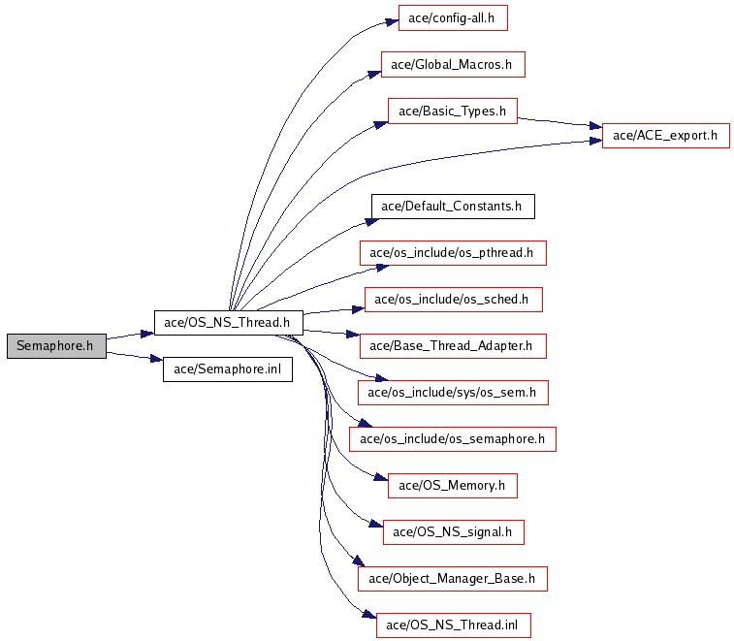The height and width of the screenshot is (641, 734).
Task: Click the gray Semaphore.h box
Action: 56,346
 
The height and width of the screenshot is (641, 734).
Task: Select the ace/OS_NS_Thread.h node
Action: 229,323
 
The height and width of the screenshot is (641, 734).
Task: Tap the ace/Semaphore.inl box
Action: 228,369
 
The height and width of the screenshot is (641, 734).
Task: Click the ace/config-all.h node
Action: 453,18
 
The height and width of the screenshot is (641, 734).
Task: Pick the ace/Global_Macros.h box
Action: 453,65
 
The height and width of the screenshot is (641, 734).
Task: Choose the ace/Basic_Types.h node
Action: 452,111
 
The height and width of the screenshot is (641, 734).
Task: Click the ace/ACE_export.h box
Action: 666,136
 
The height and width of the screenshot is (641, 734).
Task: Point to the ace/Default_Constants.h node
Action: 453,207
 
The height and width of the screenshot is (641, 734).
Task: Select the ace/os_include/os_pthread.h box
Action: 453,253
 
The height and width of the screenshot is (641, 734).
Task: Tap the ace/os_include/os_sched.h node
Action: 453,300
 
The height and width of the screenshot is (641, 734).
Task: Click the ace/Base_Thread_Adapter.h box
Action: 453,346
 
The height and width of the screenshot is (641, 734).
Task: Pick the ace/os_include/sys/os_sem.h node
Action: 453,393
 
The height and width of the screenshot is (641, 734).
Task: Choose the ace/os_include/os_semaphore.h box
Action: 452,439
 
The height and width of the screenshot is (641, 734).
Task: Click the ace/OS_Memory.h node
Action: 452,486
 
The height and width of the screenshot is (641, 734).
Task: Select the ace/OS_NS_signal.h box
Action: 453,532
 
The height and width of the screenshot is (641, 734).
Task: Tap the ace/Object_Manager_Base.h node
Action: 452,579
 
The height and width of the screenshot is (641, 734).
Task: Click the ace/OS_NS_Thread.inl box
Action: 453,625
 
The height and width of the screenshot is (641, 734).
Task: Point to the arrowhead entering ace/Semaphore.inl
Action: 156,359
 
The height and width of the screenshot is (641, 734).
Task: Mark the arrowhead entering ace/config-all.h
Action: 392,22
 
